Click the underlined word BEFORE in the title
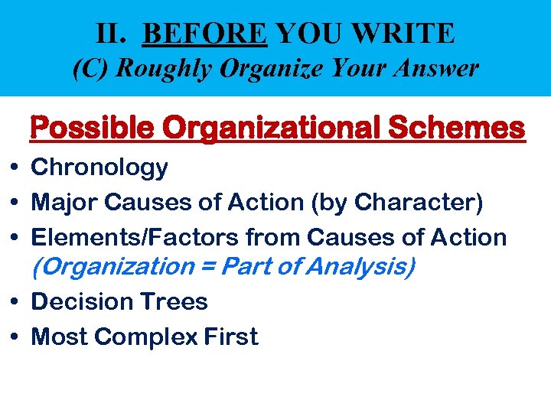[205, 33]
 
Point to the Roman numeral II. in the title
[113, 33]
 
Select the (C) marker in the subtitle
[88, 69]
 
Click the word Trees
[173, 302]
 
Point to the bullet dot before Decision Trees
[15, 302]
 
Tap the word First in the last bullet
[229, 337]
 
